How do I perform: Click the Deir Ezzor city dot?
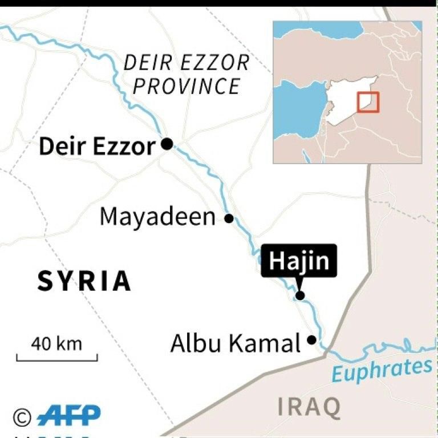point(167,144)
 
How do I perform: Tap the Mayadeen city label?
point(157,217)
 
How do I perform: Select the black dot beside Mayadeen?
point(229,218)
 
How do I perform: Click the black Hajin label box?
point(299,261)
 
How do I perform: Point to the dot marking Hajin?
point(300,295)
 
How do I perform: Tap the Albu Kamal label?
point(235,343)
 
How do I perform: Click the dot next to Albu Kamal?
point(311,340)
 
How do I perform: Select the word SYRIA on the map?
point(84,281)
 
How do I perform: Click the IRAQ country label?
point(310,407)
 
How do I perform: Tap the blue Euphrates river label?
point(382,371)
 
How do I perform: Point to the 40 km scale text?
point(56,344)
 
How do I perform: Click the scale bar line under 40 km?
point(56,359)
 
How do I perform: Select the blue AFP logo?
point(68,416)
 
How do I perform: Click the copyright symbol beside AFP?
point(22,417)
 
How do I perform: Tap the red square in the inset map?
point(368,102)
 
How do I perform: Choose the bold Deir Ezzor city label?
point(96,147)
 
